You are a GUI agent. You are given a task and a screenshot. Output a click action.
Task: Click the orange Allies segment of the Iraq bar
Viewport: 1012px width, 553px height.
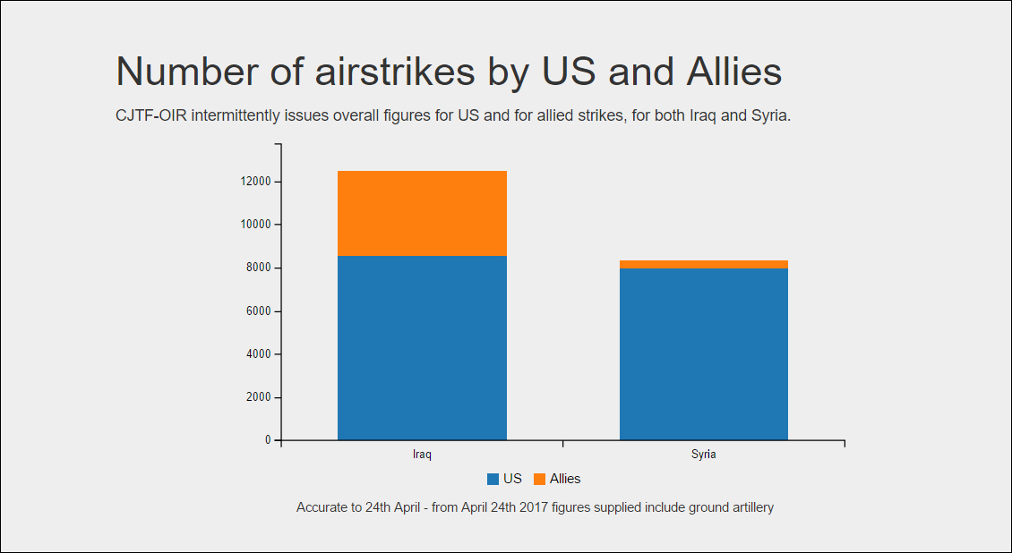[x=422, y=213]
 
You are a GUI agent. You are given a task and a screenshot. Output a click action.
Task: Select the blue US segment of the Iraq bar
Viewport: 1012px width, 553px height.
[x=422, y=348]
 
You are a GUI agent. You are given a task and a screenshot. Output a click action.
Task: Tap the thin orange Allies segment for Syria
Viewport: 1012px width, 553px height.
[x=704, y=264]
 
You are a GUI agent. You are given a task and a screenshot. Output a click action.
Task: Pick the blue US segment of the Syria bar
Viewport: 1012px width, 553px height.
[x=704, y=354]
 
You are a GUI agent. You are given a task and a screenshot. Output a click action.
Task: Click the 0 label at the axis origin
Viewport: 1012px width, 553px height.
[x=268, y=440]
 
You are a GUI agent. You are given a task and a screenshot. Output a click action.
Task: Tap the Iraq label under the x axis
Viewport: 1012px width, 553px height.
[x=422, y=455]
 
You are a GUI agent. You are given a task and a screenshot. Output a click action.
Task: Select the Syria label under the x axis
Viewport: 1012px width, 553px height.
[x=704, y=455]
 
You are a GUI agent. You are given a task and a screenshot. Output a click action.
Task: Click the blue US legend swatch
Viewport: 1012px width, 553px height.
[x=493, y=479]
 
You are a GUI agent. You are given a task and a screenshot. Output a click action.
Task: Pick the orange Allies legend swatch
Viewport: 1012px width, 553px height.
[x=539, y=479]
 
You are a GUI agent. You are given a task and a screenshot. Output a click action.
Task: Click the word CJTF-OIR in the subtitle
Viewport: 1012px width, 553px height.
[x=151, y=116]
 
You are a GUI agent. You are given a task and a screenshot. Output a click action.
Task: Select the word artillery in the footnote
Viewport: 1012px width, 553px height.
[x=752, y=508]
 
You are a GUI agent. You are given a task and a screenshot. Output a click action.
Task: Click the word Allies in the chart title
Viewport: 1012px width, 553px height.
[x=733, y=71]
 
